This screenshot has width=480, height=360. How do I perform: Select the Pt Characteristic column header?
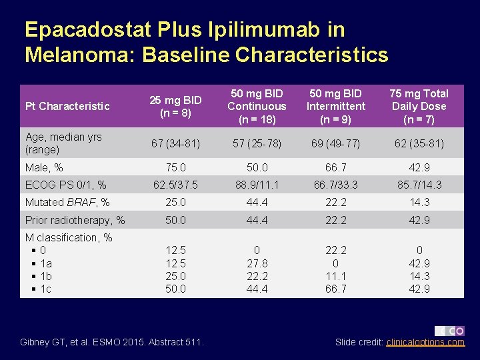coord(67,107)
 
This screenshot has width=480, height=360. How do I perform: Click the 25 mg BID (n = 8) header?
coord(176,107)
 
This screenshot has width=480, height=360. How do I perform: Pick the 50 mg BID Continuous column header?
coord(257,107)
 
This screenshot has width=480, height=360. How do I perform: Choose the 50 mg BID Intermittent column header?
coord(336,107)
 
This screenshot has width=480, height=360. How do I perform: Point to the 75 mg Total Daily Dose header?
coord(419,107)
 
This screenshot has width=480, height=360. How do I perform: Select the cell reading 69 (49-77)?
coord(336,143)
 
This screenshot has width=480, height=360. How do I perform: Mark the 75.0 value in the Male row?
coord(176,168)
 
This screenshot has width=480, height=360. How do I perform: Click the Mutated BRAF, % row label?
coord(67,203)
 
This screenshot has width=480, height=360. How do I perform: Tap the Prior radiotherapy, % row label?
coord(75,220)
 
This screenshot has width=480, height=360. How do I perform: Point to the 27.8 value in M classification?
coord(257,263)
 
